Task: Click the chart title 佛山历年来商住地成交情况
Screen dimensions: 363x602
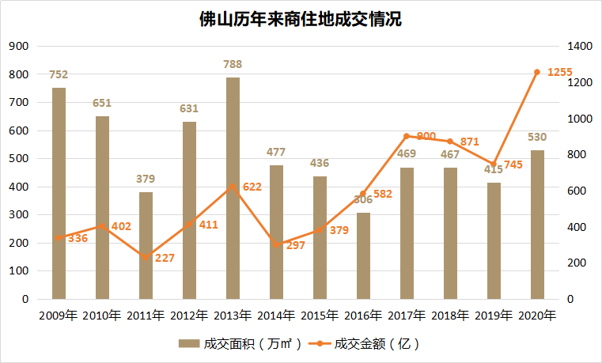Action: [x=301, y=19]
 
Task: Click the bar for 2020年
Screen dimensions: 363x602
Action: [x=537, y=225]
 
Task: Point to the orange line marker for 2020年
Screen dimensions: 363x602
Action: [x=537, y=72]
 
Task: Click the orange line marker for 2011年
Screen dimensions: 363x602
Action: [x=146, y=258]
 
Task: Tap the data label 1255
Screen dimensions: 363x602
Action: [x=559, y=72]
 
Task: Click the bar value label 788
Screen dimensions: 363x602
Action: [x=233, y=64]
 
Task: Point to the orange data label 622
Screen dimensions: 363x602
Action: [x=251, y=187]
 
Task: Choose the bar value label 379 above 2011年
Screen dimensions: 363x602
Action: [x=146, y=179]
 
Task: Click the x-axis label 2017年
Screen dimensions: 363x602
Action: [x=407, y=316]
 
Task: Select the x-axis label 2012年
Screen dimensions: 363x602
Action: [x=189, y=316]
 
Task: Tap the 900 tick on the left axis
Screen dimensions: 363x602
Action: [x=18, y=47]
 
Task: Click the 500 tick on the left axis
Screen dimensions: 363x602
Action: [x=18, y=159]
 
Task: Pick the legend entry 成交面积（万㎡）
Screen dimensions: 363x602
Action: [x=240, y=344]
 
